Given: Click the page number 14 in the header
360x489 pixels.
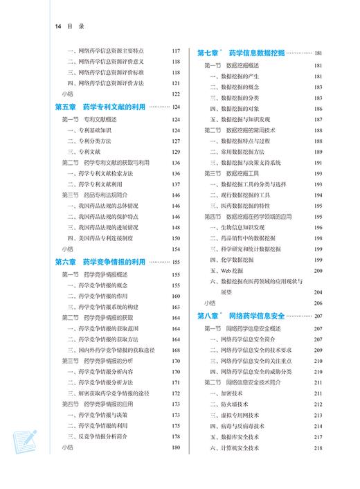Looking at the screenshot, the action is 57,26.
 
